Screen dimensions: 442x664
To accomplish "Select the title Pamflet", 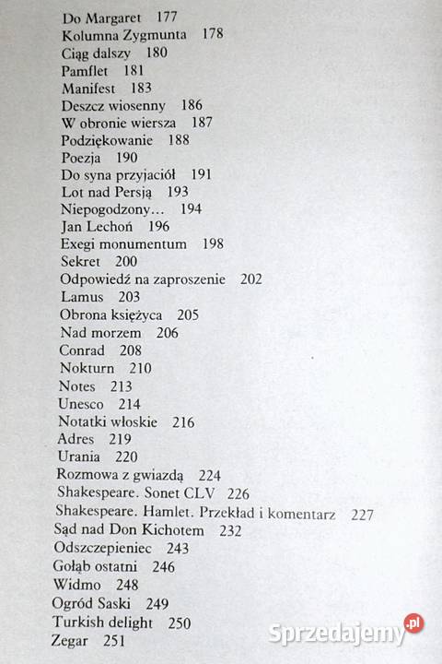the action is (85, 70).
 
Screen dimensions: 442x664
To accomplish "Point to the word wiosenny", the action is (138, 105).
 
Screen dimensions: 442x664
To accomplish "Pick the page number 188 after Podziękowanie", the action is (180, 140).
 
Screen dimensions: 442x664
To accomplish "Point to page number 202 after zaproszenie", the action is (250, 279).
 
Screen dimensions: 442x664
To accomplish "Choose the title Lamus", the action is (81, 297).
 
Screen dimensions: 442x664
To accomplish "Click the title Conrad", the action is (83, 350).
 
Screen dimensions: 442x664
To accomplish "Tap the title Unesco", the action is (81, 403).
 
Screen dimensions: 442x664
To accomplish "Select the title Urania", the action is (79, 456).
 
